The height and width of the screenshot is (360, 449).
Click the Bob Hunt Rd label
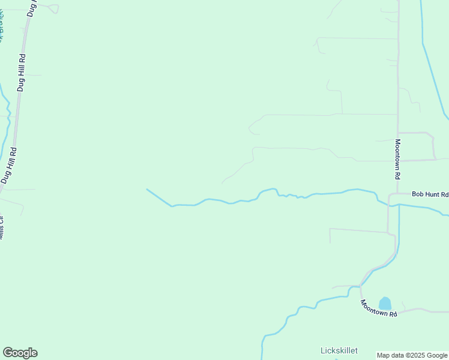(x=430, y=194)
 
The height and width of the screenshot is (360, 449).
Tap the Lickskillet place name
(x=339, y=350)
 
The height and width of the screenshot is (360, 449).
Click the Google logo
(x=20, y=353)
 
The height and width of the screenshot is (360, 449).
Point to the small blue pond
(x=385, y=304)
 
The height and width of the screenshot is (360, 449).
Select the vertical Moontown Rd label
(x=397, y=160)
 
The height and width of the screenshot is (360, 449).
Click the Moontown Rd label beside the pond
(x=378, y=309)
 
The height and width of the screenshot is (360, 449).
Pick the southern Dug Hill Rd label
(x=8, y=165)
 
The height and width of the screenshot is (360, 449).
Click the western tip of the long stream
(x=147, y=190)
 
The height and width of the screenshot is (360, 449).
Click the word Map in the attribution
(x=383, y=355)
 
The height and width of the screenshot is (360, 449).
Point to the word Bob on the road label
(x=417, y=194)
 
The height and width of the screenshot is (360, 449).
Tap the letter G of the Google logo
(x=8, y=353)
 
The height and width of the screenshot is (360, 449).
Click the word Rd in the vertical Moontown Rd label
(x=397, y=176)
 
